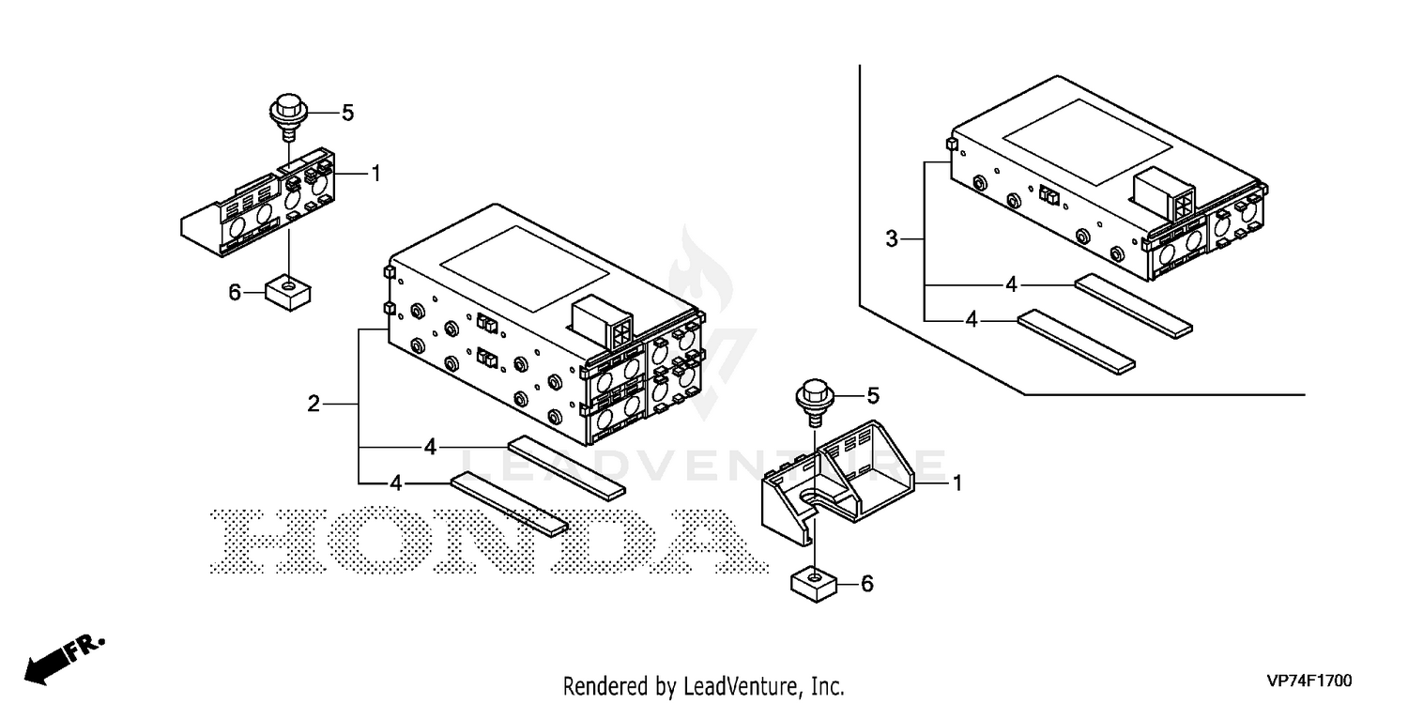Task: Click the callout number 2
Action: point(314,404)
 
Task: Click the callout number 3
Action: point(892,239)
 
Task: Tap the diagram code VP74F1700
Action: point(1309,681)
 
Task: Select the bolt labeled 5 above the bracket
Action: point(816,403)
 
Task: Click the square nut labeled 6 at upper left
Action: point(288,292)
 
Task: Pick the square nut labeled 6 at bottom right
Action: point(814,584)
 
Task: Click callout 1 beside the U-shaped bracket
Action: point(957,483)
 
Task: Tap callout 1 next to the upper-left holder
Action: point(376,174)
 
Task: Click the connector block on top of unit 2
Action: point(602,321)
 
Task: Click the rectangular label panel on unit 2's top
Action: point(524,269)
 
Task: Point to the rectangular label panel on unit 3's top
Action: point(1087,142)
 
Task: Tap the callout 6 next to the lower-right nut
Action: point(866,584)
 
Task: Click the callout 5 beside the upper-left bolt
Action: point(347,114)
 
